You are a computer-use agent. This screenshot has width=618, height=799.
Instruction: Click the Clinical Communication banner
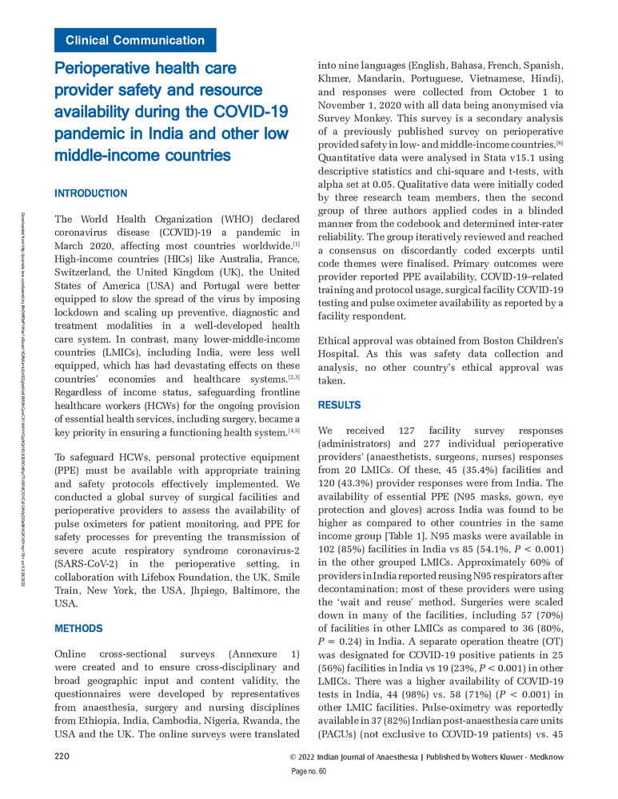(135, 40)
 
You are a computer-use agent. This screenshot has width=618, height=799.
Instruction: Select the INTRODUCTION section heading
(90, 193)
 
